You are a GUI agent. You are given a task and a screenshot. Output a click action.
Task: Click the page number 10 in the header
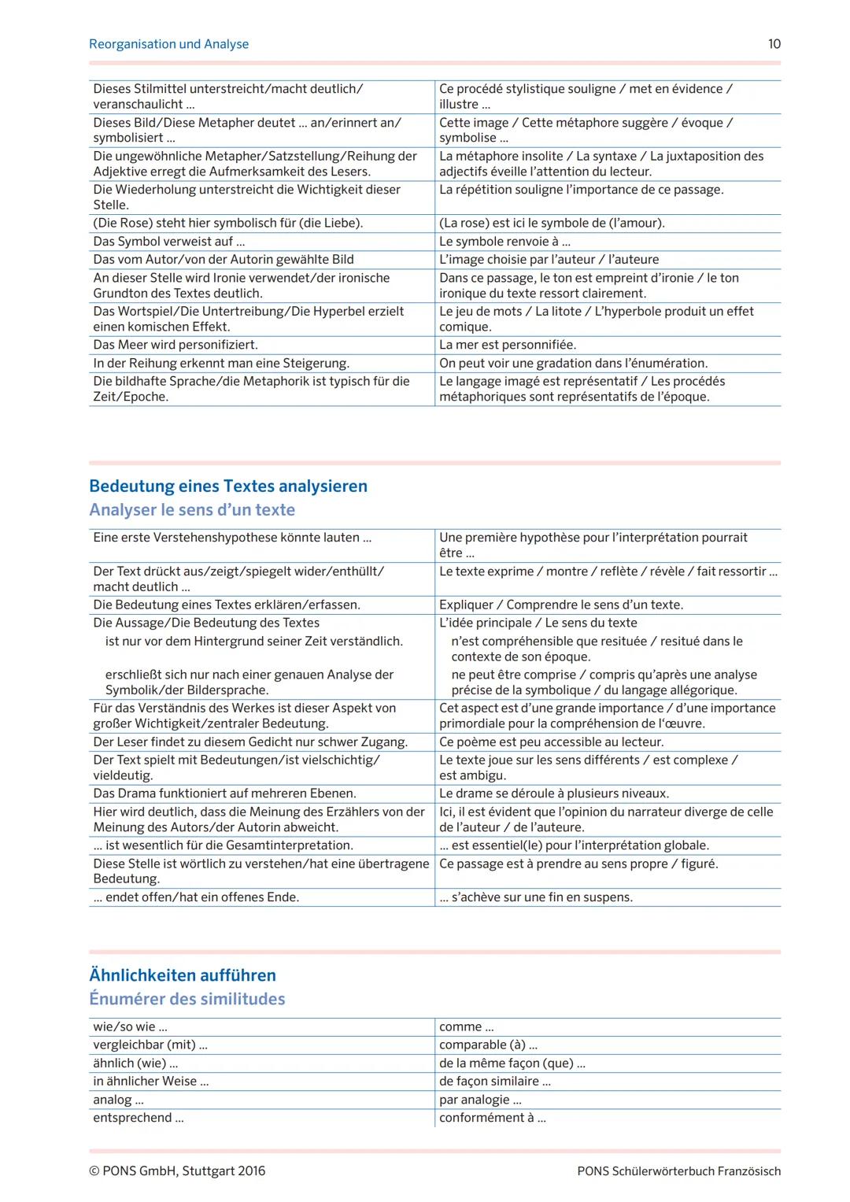coord(774,44)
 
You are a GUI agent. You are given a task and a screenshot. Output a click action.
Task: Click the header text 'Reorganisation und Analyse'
coord(168,44)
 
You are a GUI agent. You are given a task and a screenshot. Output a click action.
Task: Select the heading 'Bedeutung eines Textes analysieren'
coord(228,486)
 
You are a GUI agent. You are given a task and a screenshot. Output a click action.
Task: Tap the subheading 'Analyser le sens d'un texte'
coord(192,509)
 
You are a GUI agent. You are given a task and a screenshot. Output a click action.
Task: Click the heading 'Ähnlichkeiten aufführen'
coord(183,975)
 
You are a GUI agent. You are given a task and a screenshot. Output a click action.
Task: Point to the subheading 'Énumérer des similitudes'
coord(187,998)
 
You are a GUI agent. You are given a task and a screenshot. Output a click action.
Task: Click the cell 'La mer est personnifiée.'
coord(508,345)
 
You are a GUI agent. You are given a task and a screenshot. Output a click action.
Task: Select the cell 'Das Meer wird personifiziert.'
coord(176,345)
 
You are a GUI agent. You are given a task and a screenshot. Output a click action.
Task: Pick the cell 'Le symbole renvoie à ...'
coord(504,242)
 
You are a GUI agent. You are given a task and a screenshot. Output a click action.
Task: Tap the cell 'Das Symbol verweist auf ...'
coord(169,242)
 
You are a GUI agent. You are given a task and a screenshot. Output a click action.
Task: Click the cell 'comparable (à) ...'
coord(488,1045)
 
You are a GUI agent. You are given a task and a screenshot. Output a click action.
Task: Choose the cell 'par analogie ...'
coord(480,1100)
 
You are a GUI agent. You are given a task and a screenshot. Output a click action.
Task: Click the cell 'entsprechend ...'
coord(139,1118)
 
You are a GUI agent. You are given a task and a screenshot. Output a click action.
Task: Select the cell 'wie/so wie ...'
coord(130,1026)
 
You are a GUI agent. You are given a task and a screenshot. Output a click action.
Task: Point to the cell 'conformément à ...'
coord(492,1118)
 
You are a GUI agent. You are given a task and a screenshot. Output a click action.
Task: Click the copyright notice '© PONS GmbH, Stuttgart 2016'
coord(177,1171)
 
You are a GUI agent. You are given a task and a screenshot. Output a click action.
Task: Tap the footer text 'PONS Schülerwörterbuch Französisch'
coord(678,1171)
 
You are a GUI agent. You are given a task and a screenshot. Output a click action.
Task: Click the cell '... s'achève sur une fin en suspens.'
coord(536,897)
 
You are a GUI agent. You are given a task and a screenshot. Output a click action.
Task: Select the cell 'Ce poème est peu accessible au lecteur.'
coord(551,742)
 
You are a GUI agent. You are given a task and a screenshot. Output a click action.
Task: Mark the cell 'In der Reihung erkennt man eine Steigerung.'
coord(221,363)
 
